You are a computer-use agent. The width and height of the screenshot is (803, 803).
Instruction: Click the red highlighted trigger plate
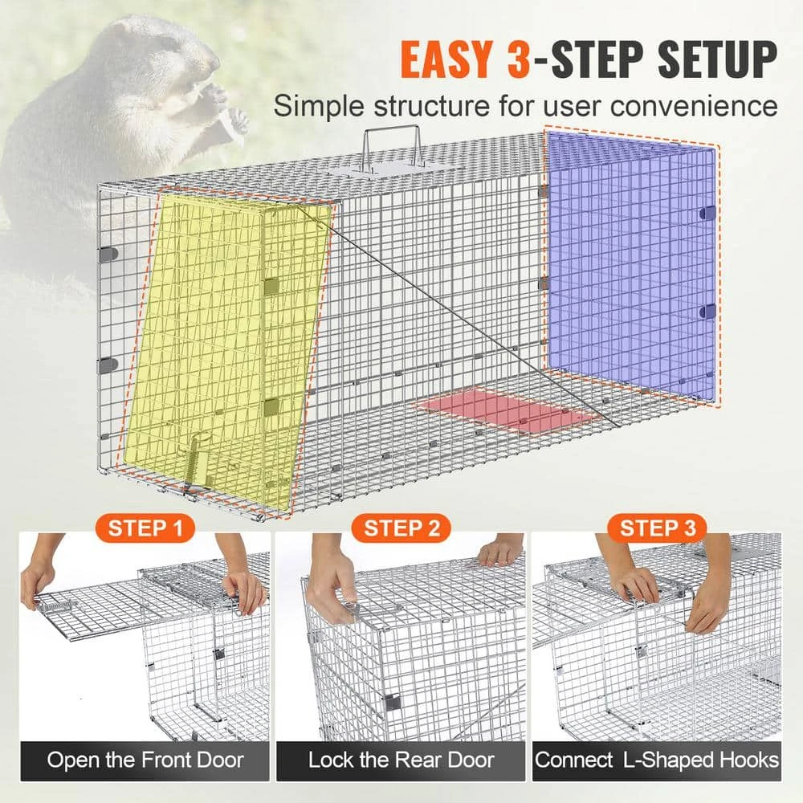point(506,410)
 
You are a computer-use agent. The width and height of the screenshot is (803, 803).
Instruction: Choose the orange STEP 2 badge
point(402,528)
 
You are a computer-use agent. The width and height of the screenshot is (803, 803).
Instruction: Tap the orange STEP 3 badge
point(658,528)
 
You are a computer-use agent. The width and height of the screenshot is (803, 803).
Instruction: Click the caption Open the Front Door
point(145,760)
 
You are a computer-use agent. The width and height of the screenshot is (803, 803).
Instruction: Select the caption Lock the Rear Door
point(401,760)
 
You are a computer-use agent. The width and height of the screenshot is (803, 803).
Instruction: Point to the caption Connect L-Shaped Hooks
point(657,760)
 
